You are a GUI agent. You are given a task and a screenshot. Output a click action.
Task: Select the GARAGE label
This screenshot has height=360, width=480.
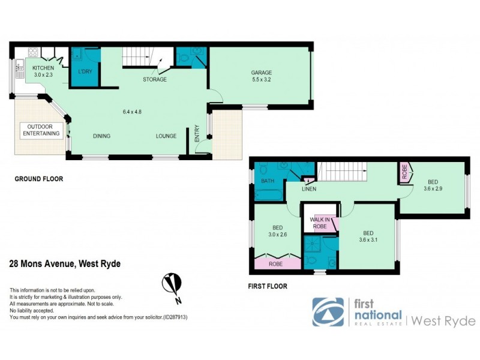(x=262, y=73)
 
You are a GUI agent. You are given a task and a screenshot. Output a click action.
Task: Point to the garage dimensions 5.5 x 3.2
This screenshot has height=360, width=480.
(x=262, y=79)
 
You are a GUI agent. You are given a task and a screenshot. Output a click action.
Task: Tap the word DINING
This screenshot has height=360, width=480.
(x=101, y=136)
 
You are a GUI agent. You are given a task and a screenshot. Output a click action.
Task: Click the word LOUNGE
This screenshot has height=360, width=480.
(x=166, y=136)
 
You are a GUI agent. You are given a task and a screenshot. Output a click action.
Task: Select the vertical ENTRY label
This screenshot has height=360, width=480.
(x=196, y=133)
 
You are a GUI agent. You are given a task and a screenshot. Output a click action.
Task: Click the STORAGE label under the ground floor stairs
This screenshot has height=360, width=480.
(x=154, y=79)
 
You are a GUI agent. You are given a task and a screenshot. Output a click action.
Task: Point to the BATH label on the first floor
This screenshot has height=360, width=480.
(x=267, y=181)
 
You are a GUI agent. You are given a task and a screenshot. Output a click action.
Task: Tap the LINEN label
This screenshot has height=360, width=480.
(x=309, y=189)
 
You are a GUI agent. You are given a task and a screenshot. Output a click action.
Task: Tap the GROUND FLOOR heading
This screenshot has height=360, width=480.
(x=38, y=179)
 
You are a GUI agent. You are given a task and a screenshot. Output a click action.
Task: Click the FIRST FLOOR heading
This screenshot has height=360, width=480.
(x=268, y=287)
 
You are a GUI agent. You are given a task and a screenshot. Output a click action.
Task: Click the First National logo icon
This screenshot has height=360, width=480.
(x=328, y=311)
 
